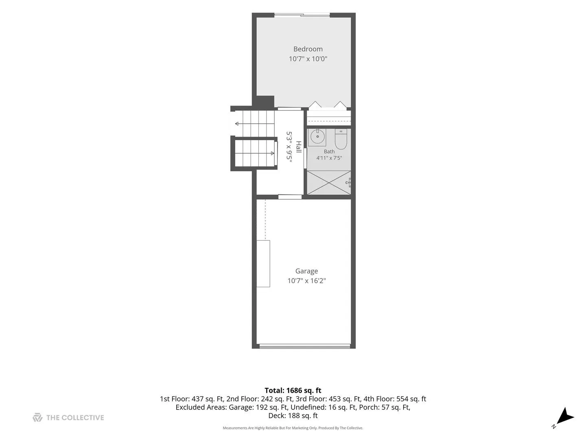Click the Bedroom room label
tap(308, 49)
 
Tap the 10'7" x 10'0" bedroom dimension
tap(308, 59)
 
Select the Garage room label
tap(306, 271)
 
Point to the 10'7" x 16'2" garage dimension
tap(306, 281)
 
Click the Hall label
tap(299, 147)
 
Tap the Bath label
tap(329, 152)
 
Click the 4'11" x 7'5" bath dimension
tap(329, 158)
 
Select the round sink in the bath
tap(317, 137)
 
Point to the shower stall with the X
tap(329, 183)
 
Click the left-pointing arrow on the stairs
tap(255, 124)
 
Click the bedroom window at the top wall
tap(302, 15)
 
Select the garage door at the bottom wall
tap(305, 346)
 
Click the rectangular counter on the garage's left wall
tap(263, 264)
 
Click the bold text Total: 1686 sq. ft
tap(293, 391)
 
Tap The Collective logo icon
tap(37, 418)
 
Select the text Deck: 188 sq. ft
tap(293, 416)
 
